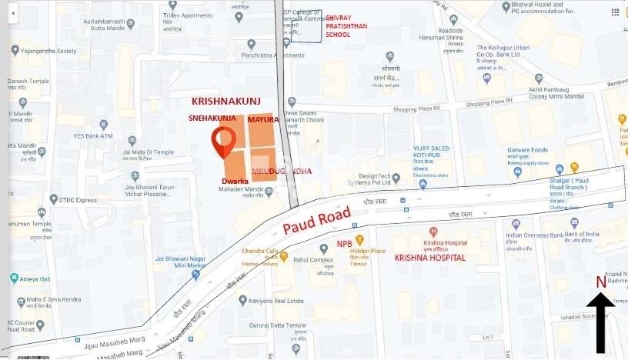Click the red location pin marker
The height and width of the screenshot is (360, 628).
[223, 142]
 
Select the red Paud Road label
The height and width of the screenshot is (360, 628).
[316, 220]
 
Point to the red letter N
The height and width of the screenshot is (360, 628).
[600, 282]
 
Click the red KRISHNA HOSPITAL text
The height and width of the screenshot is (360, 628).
[430, 258]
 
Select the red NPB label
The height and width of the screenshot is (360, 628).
[345, 244]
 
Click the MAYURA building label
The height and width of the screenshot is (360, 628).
[263, 119]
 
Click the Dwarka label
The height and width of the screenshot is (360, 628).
[235, 181]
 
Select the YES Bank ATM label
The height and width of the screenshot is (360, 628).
[93, 136]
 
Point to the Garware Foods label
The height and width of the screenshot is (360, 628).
[527, 151]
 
